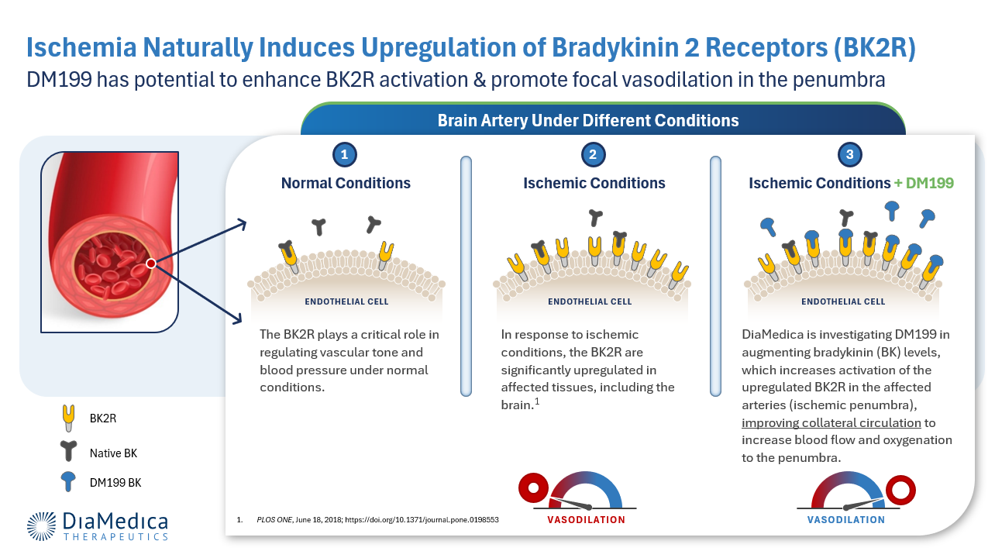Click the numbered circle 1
pos(344,154)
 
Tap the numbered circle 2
pos(593,154)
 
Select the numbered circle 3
pos(850,154)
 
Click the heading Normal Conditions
pos(346,183)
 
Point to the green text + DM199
pos(924,183)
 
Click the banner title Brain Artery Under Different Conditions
pos(588,120)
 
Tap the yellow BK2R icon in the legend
pos(68,418)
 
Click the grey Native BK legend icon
pos(68,451)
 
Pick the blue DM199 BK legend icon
pos(68,481)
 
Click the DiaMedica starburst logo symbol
pos(41,526)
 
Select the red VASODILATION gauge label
pos(586,520)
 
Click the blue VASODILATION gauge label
pos(845,520)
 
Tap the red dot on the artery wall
pos(151,264)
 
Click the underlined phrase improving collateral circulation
pos(831,422)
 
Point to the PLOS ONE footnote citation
pos(377,520)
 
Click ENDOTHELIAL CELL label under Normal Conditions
pos(346,301)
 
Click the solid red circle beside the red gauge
pos(534,487)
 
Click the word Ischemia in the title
pos(81,47)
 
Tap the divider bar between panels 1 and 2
pos(466,276)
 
